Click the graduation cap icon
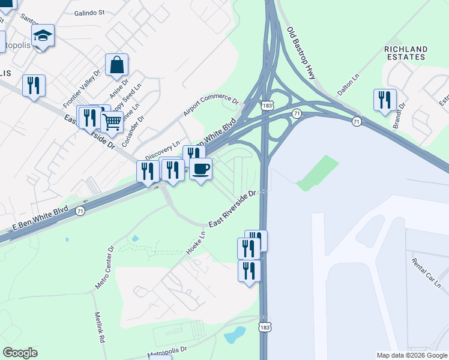pyautogui.click(x=43, y=35)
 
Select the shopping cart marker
pyautogui.click(x=112, y=122)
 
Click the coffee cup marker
pyautogui.click(x=200, y=168)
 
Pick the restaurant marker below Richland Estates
pyautogui.click(x=384, y=100)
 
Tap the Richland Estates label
pyautogui.click(x=406, y=53)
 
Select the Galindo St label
pyautogui.click(x=89, y=12)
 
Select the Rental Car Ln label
pyautogui.click(x=426, y=271)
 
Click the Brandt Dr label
pyautogui.click(x=399, y=116)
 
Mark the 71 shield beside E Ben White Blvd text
pyautogui.click(x=80, y=211)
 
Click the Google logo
pyautogui.click(x=20, y=353)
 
